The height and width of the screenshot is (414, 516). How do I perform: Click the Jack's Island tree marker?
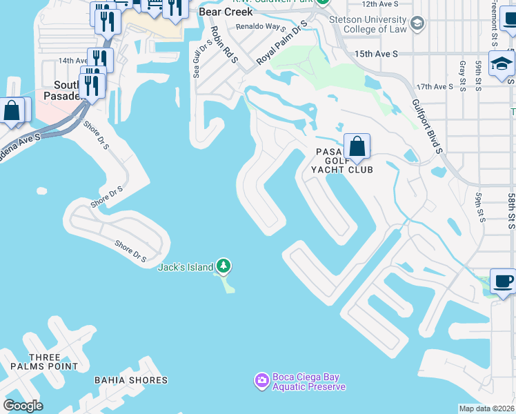click(x=223, y=266)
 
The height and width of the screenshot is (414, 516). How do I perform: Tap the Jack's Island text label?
click(x=186, y=268)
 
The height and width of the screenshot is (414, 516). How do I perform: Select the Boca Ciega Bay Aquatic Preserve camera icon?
click(x=261, y=380)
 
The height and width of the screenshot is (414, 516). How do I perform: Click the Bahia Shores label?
click(x=132, y=380)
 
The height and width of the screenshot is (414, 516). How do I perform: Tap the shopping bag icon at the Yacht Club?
click(x=357, y=146)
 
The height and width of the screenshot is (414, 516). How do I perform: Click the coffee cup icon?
click(x=504, y=281)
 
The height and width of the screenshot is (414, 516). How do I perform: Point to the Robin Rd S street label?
click(x=224, y=46)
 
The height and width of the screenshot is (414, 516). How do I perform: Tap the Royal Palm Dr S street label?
click(x=281, y=46)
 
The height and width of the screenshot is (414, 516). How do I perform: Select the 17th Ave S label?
click(x=433, y=87)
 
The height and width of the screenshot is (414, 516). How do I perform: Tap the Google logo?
click(x=23, y=406)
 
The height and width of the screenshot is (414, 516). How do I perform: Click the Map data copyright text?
click(x=487, y=408)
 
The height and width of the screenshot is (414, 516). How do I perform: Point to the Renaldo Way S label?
click(x=261, y=27)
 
